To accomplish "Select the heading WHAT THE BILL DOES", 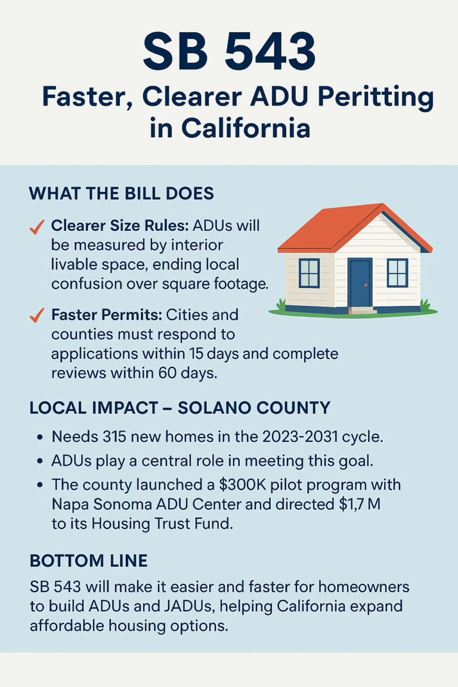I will point(121,194).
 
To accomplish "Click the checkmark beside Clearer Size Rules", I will point(37,227).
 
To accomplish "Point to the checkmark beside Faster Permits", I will point(37,315).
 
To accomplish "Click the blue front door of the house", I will point(360,283).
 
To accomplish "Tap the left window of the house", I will point(310,273).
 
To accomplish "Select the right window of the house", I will point(397,273).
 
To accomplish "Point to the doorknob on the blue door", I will point(366,284).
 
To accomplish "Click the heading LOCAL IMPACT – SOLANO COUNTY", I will point(180,409).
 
